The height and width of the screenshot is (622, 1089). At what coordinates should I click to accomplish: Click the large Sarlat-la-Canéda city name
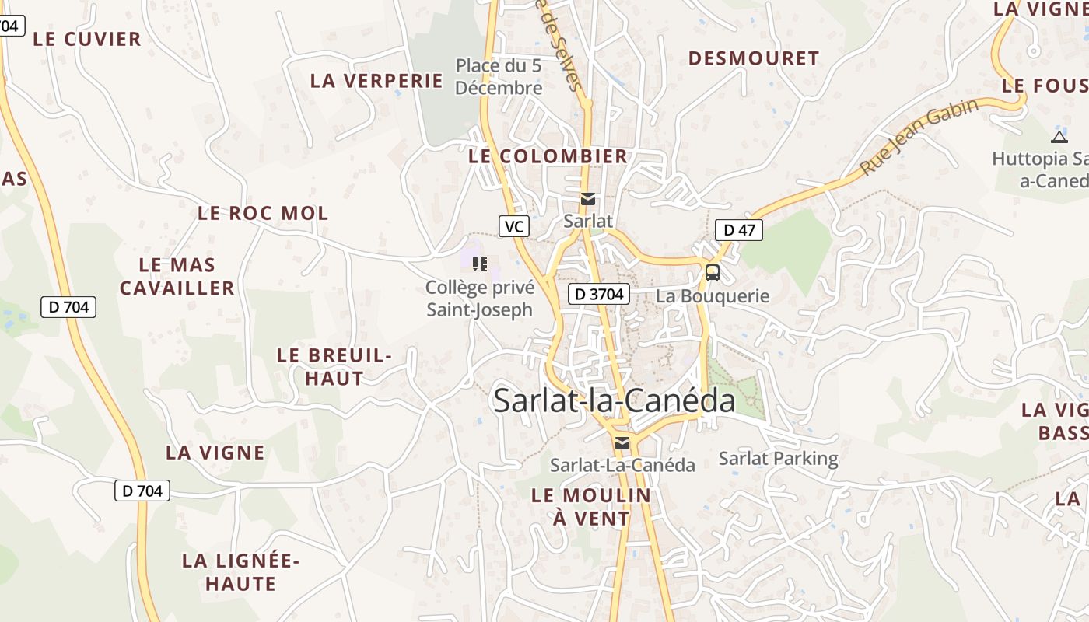click(x=615, y=400)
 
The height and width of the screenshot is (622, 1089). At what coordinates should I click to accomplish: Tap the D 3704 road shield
click(x=598, y=294)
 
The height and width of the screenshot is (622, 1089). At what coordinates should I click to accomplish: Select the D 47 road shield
click(x=739, y=230)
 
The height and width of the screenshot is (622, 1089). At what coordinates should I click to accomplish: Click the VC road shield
click(x=513, y=226)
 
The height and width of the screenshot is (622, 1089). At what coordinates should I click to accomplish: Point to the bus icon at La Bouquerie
click(x=713, y=273)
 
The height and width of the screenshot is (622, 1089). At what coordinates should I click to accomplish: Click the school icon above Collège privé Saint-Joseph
click(x=480, y=264)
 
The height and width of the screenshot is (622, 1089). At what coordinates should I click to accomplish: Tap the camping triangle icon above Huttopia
click(x=1059, y=138)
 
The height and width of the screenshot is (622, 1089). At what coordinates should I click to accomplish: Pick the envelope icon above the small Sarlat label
click(x=588, y=199)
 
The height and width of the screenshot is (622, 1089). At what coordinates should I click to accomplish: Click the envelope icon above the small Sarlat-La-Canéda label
click(x=622, y=443)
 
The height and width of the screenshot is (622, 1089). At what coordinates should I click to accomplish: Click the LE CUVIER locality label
click(x=87, y=39)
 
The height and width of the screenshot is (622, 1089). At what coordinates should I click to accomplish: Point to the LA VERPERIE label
click(x=376, y=81)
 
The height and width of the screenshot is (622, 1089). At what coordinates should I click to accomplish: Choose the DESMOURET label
click(x=754, y=58)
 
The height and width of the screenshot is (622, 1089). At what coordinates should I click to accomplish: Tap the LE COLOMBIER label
click(x=548, y=155)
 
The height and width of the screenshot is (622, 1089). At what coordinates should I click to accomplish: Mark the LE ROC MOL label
click(x=263, y=213)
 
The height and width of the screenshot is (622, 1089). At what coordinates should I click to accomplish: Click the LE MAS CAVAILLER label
click(x=177, y=276)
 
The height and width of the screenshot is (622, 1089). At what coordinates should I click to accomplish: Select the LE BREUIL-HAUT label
click(x=334, y=367)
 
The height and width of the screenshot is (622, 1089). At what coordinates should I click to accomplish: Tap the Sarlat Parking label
click(x=778, y=459)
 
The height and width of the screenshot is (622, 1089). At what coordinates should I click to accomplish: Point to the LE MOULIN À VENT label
click(x=591, y=506)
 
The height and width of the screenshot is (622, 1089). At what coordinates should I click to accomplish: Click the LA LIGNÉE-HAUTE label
click(x=241, y=571)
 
